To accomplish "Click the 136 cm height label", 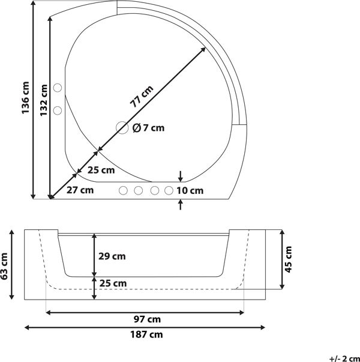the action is pos(26,97).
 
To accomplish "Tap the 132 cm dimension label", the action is pos(44,100).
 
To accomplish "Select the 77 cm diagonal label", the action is pos(142,96).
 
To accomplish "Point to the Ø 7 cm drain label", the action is pos(149,128).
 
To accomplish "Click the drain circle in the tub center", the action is pos(122,127).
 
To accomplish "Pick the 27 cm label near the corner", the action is pos(80,190).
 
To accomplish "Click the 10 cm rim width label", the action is pos(190,191).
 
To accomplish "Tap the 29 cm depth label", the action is pos(112,256).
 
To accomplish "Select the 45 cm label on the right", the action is pos(289,259).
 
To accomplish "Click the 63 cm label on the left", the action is pos(4,266).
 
